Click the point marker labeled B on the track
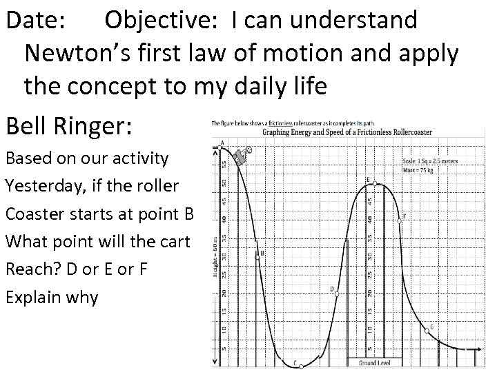pos(257,256)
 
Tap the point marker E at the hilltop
pos(373,184)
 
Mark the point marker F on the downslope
pos(400,220)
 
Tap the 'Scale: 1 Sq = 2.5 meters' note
pos(430,162)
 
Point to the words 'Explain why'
pos(52,298)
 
